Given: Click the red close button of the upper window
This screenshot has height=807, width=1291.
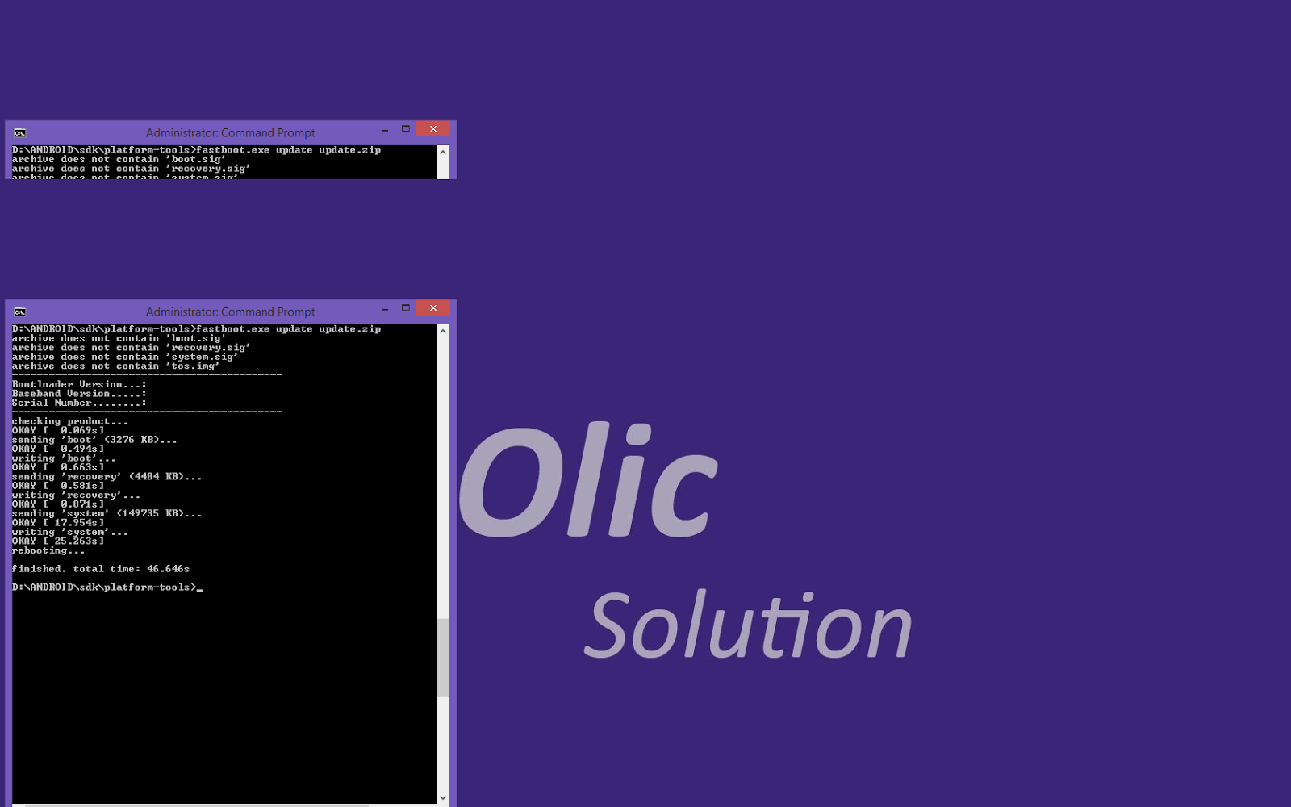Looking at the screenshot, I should pyautogui.click(x=433, y=129).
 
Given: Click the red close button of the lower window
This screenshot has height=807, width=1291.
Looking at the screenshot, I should pyautogui.click(x=433, y=308).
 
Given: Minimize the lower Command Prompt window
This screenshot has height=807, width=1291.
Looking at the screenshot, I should pyautogui.click(x=385, y=308).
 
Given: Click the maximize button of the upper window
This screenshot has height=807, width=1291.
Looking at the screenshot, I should pyautogui.click(x=406, y=129).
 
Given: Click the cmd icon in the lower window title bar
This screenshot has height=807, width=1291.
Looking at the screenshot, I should pyautogui.click(x=20, y=312).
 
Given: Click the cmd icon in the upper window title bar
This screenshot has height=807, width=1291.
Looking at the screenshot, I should pyautogui.click(x=20, y=132).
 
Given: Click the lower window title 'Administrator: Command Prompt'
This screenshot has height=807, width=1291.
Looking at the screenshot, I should pyautogui.click(x=230, y=312).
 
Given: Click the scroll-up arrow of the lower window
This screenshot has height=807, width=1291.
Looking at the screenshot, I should pyautogui.click(x=442, y=331).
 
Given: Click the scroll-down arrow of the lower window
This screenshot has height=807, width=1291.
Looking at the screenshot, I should pyautogui.click(x=442, y=797).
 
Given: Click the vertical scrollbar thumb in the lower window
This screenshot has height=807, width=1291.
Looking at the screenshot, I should pyautogui.click(x=442, y=658).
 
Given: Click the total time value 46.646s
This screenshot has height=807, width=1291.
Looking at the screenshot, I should pyautogui.click(x=168, y=569).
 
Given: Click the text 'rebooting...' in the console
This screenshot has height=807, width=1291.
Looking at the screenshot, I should pyautogui.click(x=48, y=550).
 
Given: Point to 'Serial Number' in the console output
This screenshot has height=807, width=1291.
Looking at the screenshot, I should pyautogui.click(x=52, y=403).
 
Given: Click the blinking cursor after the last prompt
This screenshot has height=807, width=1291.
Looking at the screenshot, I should pyautogui.click(x=200, y=589).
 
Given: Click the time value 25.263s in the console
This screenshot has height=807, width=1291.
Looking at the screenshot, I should pyautogui.click(x=79, y=541).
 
